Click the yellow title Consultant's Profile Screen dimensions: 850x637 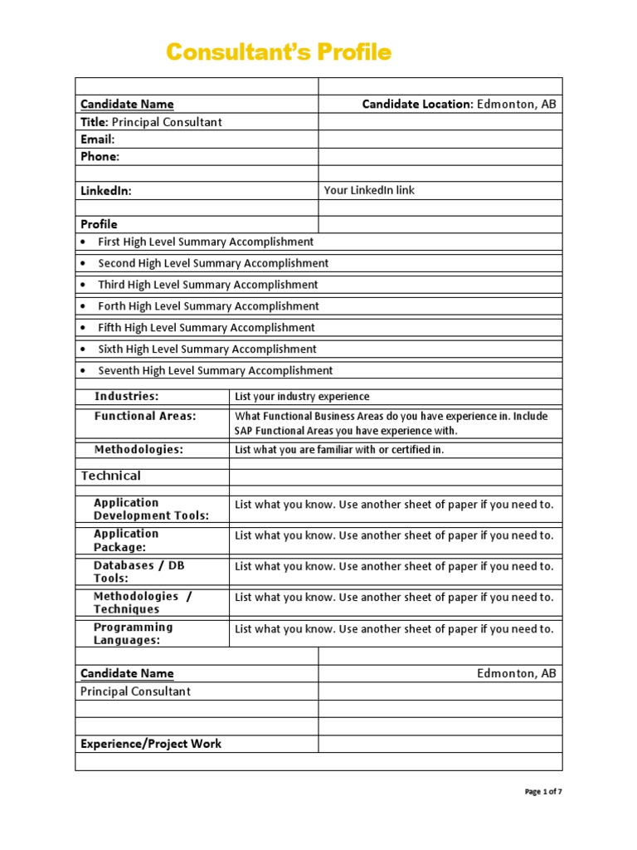tap(278, 52)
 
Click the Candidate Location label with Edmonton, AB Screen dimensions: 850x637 tap(459, 104)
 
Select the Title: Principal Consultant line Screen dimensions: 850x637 tap(151, 122)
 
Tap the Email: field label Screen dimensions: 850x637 tap(97, 139)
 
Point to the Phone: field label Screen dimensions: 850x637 tap(100, 156)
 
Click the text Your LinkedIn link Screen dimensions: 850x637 tap(369, 190)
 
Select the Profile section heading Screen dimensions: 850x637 tap(99, 224)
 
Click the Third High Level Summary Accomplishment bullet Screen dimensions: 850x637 tap(207, 285)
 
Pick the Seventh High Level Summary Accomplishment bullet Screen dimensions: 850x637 tap(215, 371)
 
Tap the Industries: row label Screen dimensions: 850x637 tap(126, 397)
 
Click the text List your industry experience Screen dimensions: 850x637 tap(302, 397)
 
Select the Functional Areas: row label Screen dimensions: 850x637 tap(145, 416)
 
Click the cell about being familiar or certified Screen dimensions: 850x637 tap(339, 450)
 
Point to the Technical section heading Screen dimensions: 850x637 tap(110, 476)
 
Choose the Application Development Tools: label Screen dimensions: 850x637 tap(151, 509)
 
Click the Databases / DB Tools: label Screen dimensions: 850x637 tap(139, 572)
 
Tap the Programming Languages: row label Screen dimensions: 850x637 tap(134, 633)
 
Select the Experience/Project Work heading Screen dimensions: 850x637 tap(150, 744)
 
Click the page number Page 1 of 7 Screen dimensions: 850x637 tap(543, 792)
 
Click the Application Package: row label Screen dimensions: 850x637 tap(126, 540)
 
